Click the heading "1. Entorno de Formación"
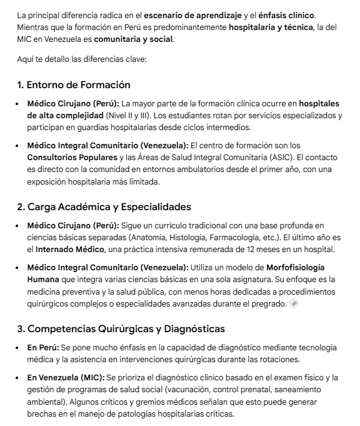[74, 84]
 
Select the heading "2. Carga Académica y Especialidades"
[104, 206]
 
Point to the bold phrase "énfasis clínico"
[287, 14]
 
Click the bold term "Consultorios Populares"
[67, 158]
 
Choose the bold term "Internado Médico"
[70, 250]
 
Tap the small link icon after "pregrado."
[294, 304]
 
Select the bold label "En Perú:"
[43, 347]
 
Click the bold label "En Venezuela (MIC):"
[66, 377]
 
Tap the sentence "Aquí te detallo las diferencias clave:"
[82, 60]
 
